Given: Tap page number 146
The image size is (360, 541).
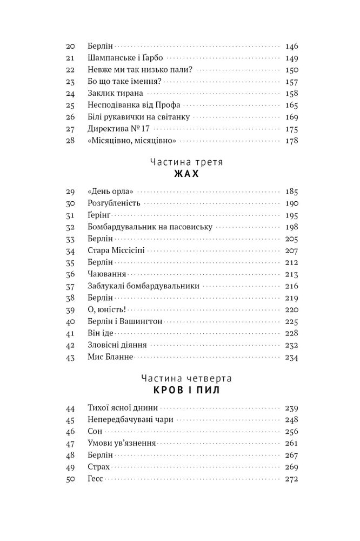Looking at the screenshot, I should point(291,47).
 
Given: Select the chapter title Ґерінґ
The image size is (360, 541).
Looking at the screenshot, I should point(99,215).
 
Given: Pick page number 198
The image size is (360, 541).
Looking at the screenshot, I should point(291,227).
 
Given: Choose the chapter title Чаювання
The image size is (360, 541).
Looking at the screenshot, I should point(106,274).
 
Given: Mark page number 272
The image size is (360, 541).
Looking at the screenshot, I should point(291,479).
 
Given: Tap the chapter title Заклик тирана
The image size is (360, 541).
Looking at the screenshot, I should point(113,94).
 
